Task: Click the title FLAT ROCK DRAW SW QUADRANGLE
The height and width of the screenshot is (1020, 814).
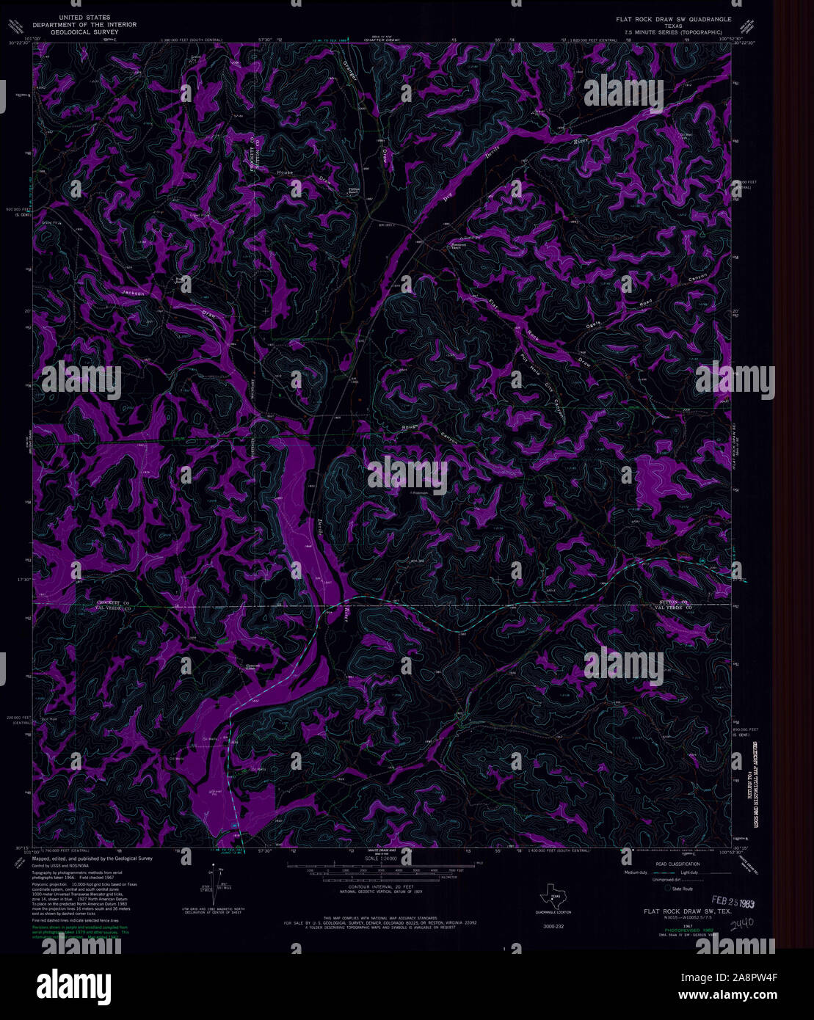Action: (x=674, y=18)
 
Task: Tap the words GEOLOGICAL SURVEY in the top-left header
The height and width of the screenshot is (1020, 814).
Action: (x=79, y=32)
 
